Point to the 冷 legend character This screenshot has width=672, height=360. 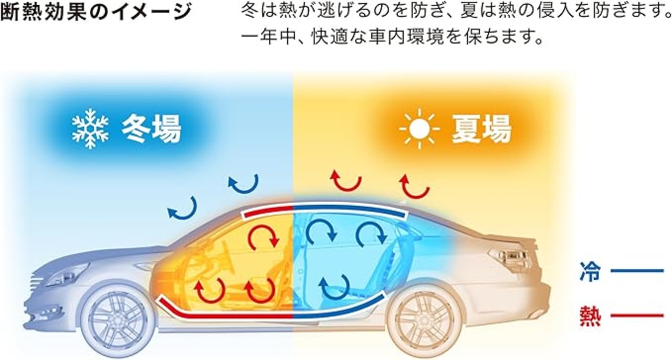tap(590, 272)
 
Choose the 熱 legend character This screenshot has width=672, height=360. tap(590, 316)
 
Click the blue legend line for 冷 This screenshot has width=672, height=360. tap(637, 271)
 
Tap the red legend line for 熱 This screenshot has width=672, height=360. tap(637, 316)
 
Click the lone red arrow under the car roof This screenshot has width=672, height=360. tap(263, 239)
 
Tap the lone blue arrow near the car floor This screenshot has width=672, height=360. tap(334, 286)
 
